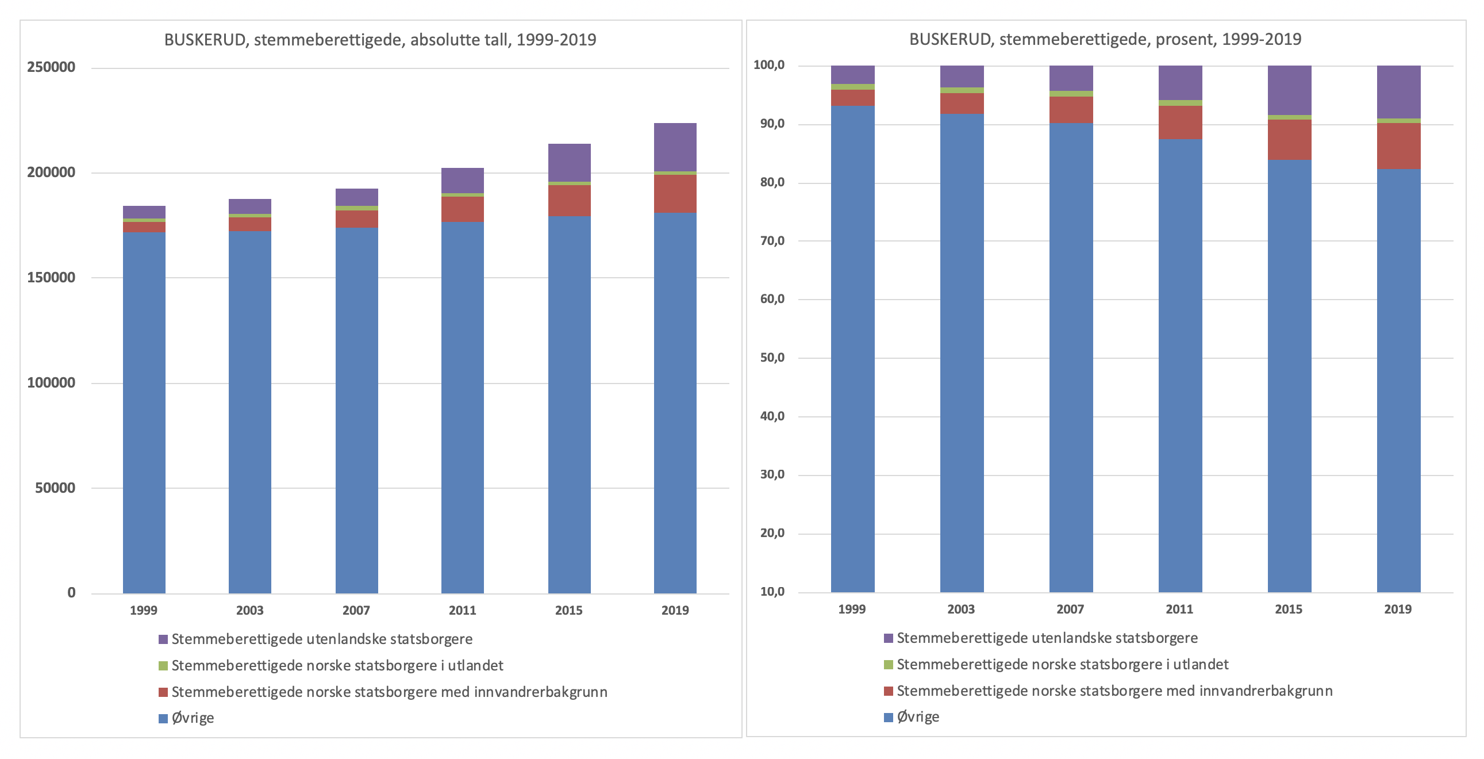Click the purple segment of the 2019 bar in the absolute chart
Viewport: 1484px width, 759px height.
click(x=675, y=147)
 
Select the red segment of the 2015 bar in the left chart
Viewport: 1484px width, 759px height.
click(x=569, y=201)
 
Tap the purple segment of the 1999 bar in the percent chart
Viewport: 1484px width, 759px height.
click(x=852, y=74)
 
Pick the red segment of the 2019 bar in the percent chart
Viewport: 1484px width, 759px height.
click(x=1399, y=146)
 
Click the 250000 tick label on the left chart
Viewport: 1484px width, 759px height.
click(x=51, y=67)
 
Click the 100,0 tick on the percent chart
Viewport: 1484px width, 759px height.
click(x=769, y=65)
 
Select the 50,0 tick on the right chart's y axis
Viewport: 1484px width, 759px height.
click(x=772, y=357)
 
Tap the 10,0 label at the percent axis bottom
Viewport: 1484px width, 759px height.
click(x=772, y=591)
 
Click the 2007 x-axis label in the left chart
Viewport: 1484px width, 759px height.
click(x=356, y=610)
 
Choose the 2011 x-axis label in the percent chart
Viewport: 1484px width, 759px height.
click(x=1179, y=609)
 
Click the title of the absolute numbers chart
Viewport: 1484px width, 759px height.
click(x=380, y=40)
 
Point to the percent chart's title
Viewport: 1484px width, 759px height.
click(x=1105, y=39)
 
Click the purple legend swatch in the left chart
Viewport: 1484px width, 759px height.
click(x=163, y=639)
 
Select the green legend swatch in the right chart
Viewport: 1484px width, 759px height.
click(x=889, y=665)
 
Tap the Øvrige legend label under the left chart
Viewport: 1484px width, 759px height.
click(x=193, y=718)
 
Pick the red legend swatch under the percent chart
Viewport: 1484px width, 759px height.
click(x=889, y=691)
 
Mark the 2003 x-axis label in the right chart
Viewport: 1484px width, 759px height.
click(x=961, y=609)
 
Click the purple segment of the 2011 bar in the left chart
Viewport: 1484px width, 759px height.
click(x=463, y=181)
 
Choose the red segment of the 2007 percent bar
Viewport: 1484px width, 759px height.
click(x=1071, y=109)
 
